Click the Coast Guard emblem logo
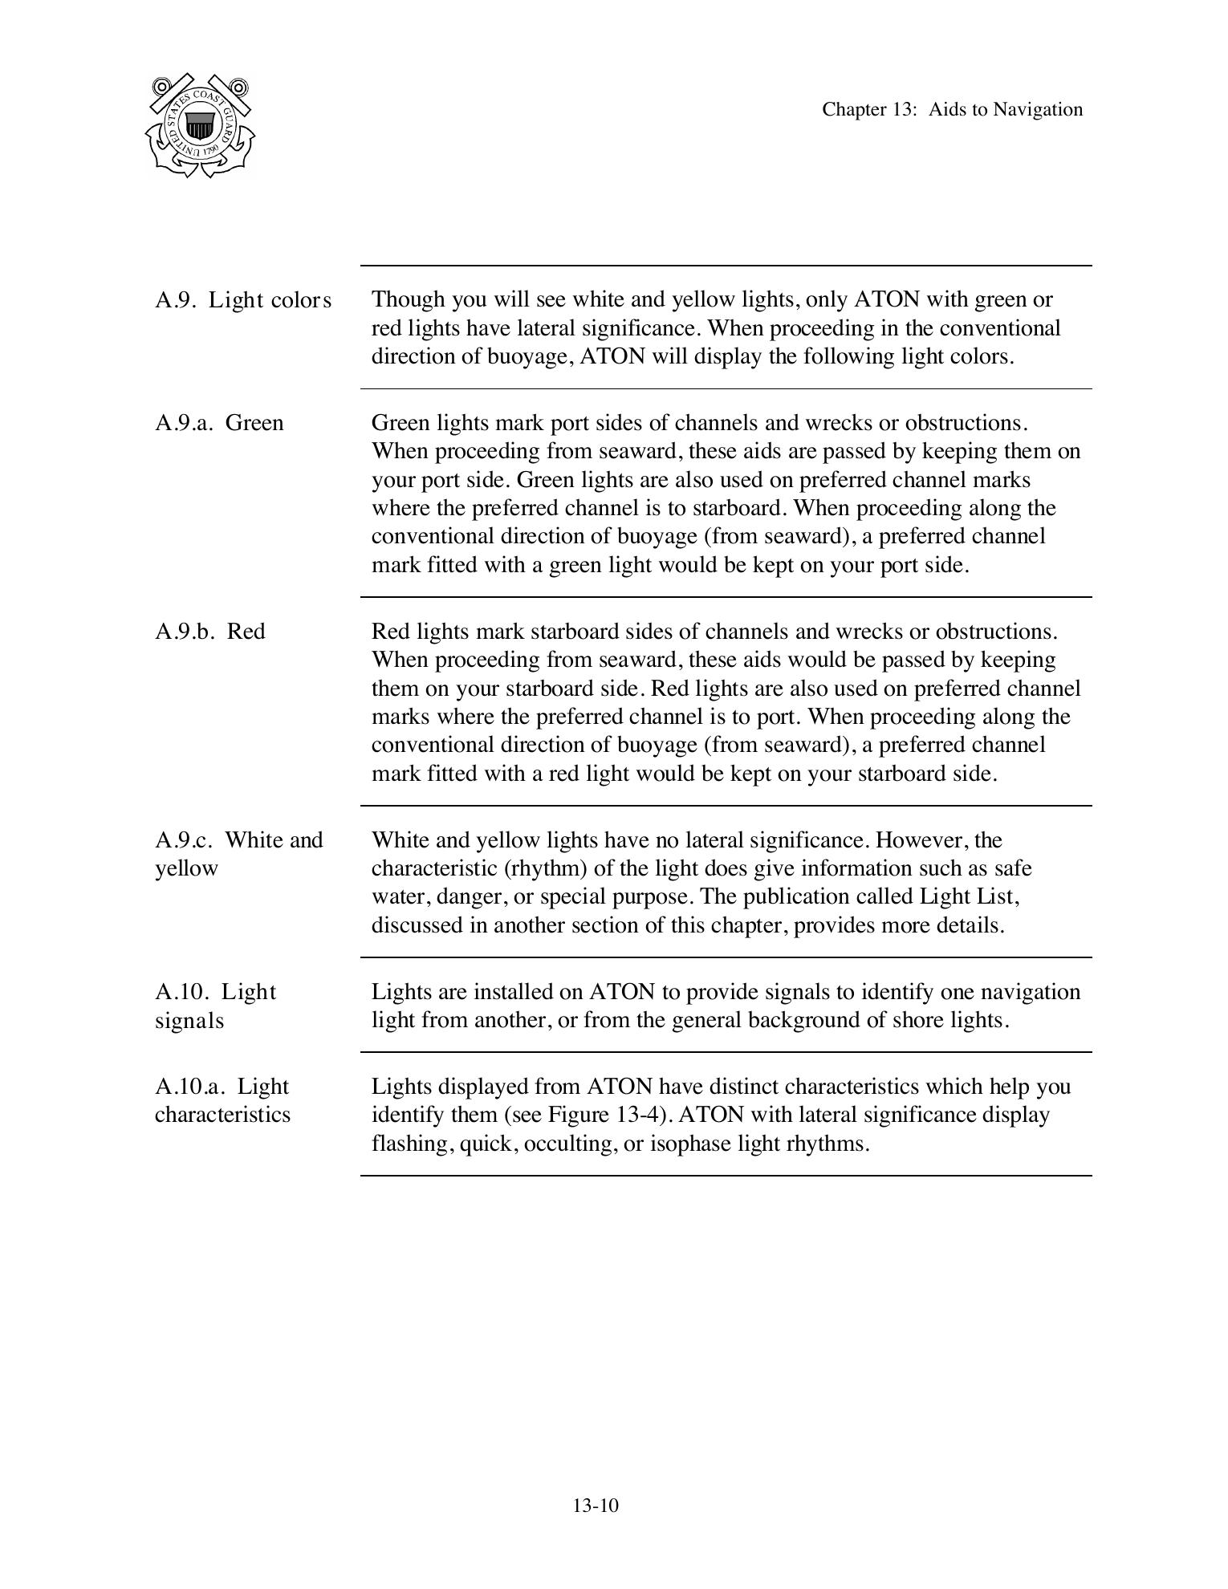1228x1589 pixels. [x=200, y=126]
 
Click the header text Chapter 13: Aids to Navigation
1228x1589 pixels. [x=952, y=110]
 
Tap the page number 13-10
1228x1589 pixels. [x=595, y=1506]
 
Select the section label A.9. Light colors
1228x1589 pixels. [x=242, y=300]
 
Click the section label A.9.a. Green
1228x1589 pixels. [x=219, y=423]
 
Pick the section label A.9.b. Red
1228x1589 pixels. [x=209, y=632]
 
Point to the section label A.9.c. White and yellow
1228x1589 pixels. [x=238, y=854]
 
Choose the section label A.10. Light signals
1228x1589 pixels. [x=215, y=1006]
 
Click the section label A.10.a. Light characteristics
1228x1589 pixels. [x=222, y=1100]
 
